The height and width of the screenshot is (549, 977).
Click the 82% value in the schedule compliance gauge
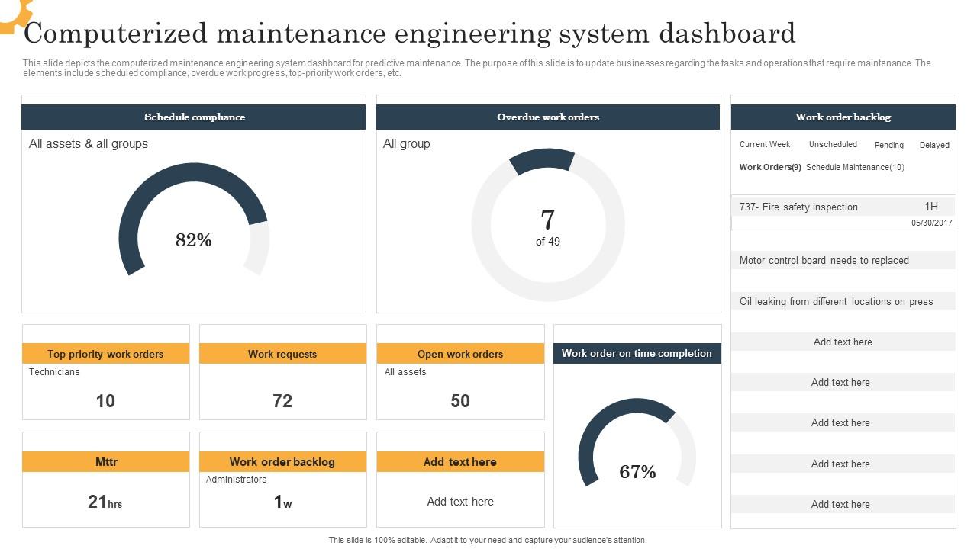[x=194, y=240]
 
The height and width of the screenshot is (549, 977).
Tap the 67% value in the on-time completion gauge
[x=637, y=472]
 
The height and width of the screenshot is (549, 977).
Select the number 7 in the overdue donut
[x=547, y=220]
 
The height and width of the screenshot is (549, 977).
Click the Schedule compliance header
[x=194, y=117]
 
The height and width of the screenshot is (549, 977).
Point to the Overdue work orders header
[x=548, y=117]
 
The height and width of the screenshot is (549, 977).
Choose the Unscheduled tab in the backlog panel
[x=833, y=144]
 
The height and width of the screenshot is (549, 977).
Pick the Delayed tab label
[x=934, y=145]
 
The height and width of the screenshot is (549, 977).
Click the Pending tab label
[x=888, y=145]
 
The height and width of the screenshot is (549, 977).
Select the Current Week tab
[x=764, y=144]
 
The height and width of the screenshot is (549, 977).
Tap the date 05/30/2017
[x=931, y=223]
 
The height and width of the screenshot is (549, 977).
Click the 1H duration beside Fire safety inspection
[x=931, y=207]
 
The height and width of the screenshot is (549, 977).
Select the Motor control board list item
[x=824, y=260]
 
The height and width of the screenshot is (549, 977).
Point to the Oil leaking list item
[x=836, y=301]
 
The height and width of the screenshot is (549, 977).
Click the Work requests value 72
[x=282, y=401]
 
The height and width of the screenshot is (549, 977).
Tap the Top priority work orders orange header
[x=105, y=354]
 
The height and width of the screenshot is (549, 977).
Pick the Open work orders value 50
[x=460, y=401]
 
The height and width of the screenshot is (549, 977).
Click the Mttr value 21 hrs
[x=105, y=502]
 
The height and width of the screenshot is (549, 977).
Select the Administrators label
[x=236, y=480]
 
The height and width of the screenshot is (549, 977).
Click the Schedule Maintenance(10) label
[x=855, y=167]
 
